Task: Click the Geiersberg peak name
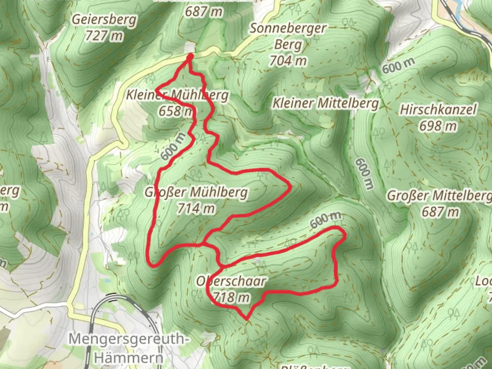pyautogui.click(x=104, y=19)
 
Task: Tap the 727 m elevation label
pyautogui.click(x=104, y=35)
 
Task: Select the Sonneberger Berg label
pyautogui.click(x=288, y=36)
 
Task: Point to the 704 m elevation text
pyautogui.click(x=288, y=61)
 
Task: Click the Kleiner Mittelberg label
pyautogui.click(x=326, y=103)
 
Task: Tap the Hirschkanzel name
pyautogui.click(x=438, y=110)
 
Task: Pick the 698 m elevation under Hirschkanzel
pyautogui.click(x=438, y=126)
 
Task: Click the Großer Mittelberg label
pyautogui.click(x=439, y=196)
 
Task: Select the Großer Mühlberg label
pyautogui.click(x=196, y=192)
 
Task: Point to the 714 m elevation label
pyautogui.click(x=196, y=208)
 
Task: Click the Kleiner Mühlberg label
pyautogui.click(x=177, y=95)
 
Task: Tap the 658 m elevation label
pyautogui.click(x=176, y=111)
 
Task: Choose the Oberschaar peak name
pyautogui.click(x=231, y=281)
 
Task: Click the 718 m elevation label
pyautogui.click(x=231, y=297)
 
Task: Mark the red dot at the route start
pyautogui.click(x=190, y=56)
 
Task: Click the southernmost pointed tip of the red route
pyautogui.click(x=246, y=319)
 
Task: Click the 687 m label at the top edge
pyautogui.click(x=204, y=12)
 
